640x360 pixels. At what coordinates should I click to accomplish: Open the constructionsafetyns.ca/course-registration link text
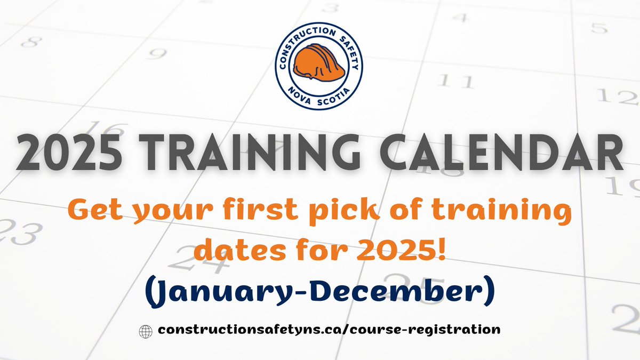tap(329, 330)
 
